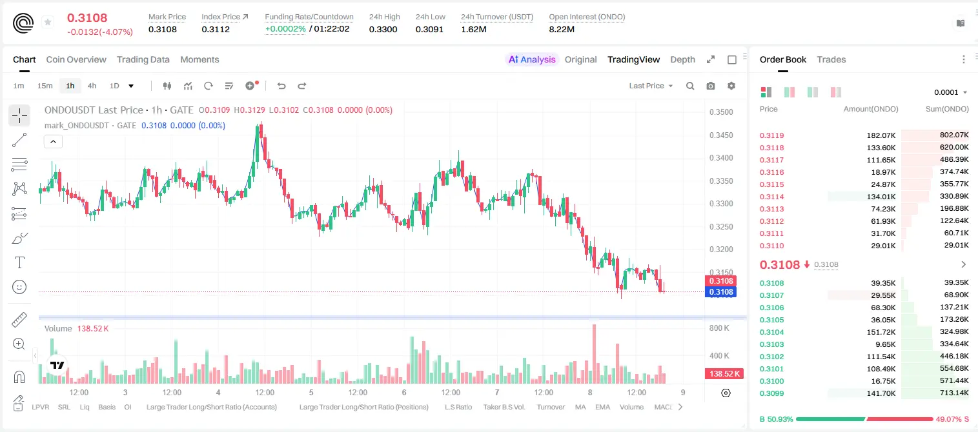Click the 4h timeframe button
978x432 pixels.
coord(92,86)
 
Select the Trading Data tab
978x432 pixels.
coord(143,60)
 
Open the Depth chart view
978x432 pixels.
coord(682,60)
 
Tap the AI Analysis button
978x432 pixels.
coord(532,60)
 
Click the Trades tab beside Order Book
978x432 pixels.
coord(831,60)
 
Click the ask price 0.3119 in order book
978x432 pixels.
coord(771,135)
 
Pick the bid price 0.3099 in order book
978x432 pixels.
coord(771,393)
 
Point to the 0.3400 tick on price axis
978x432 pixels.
coord(721,158)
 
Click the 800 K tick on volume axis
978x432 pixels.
coord(719,328)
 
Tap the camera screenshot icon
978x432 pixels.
coord(711,86)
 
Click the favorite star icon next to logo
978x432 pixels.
coord(48,22)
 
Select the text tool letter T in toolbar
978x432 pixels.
coord(19,262)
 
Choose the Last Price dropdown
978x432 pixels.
coord(651,86)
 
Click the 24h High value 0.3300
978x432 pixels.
coord(383,29)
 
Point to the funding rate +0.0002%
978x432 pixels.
coord(285,29)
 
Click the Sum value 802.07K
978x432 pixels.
coord(954,135)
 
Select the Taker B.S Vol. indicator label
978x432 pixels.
coord(504,407)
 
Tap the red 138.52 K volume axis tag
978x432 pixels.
coord(724,373)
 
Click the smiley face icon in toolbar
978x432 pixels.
coord(19,287)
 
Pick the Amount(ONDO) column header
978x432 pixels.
coord(871,109)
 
